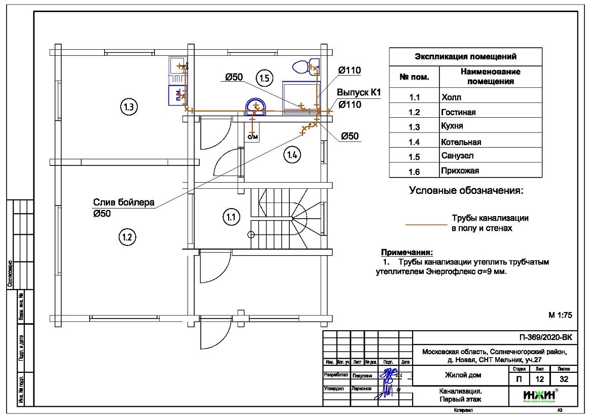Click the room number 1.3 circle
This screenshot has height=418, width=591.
pos(129,107)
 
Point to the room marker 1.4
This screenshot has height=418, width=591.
pos(292,155)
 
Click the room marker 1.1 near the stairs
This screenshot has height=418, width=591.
pos(231,217)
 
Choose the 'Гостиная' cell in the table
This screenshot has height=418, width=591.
pos(459,112)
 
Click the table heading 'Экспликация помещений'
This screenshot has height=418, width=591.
pos(465,56)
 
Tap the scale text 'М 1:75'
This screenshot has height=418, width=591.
pos(560,315)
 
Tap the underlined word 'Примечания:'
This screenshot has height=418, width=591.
pos(407,252)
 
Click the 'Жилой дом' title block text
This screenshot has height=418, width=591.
pos(463,375)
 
